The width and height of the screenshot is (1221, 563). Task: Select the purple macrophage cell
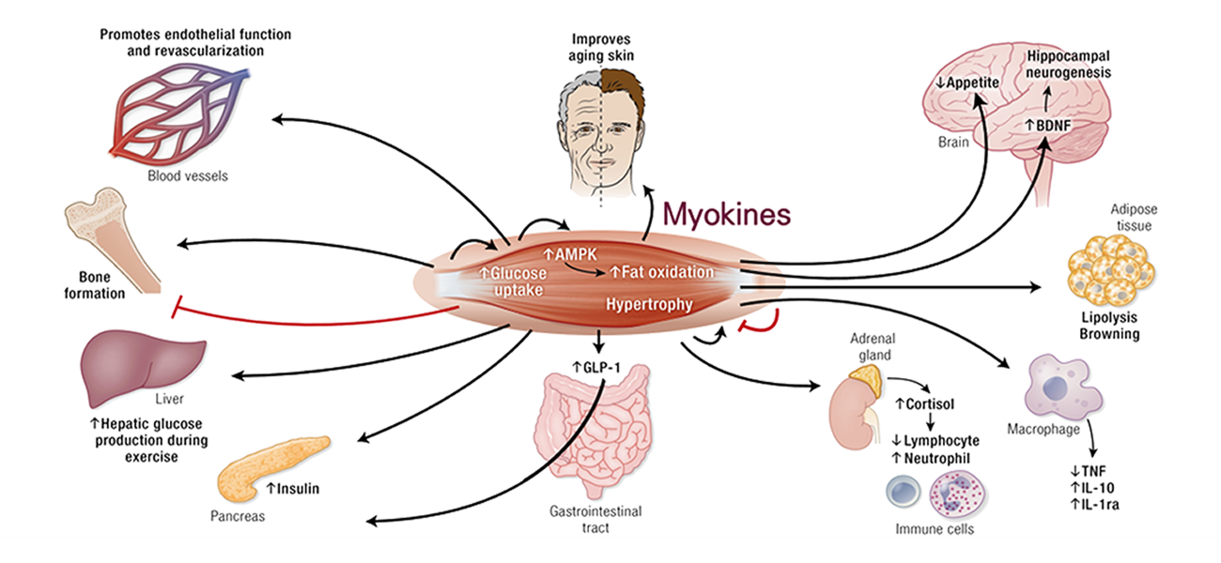tap(1061, 385)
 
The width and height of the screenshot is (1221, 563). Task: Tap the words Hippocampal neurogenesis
tap(1069, 64)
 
